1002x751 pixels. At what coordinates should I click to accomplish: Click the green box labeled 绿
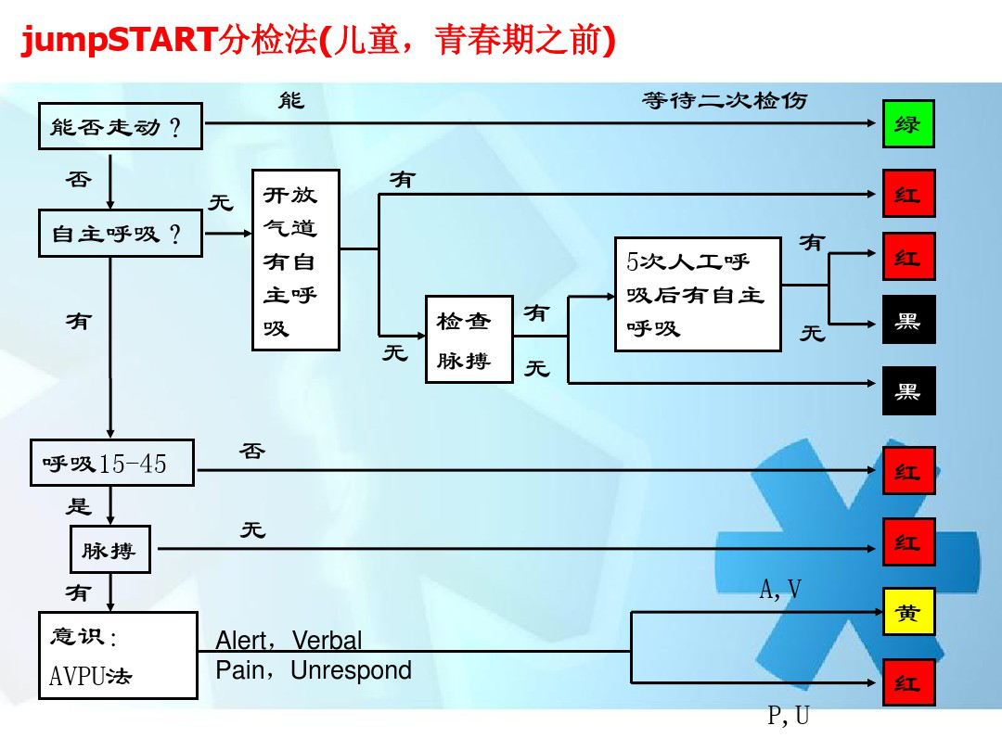tap(907, 123)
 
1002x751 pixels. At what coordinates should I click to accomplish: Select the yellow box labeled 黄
tap(907, 612)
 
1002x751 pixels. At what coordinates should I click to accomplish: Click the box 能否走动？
tap(121, 126)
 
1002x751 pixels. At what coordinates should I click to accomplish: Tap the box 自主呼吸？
tap(121, 234)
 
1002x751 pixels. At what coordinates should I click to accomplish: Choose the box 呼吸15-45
tap(111, 463)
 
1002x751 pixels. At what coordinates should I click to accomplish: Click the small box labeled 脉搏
tap(109, 551)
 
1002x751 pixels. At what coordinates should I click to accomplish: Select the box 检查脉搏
tap(469, 339)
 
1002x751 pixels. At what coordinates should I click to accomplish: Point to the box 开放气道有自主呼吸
tap(296, 260)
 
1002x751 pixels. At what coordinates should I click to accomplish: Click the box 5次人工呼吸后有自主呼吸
tap(698, 294)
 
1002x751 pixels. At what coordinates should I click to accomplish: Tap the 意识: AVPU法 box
tap(118, 655)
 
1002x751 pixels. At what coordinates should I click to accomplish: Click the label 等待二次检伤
tap(725, 100)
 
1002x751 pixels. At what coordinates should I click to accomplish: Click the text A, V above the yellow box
tap(780, 589)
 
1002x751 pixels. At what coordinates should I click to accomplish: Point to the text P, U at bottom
tap(789, 717)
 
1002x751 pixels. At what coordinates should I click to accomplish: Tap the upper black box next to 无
tap(908, 320)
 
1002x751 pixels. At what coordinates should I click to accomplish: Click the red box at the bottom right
tap(908, 682)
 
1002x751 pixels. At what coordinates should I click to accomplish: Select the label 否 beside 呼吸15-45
tap(252, 452)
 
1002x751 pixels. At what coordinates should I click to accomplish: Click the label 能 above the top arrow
tap(291, 99)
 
